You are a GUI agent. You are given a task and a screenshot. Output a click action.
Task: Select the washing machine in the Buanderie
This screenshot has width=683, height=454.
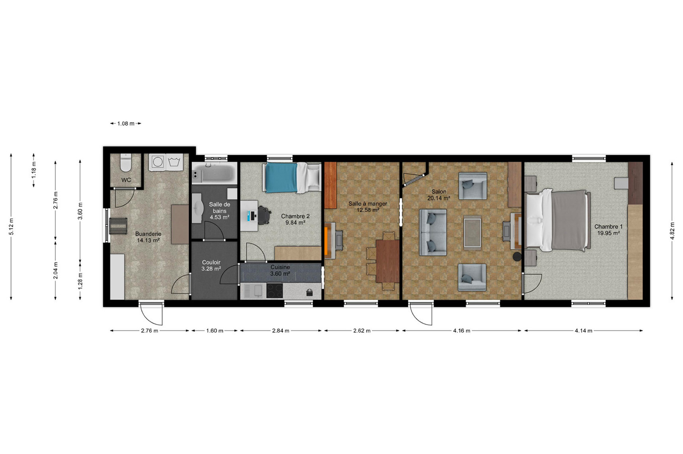[158, 162]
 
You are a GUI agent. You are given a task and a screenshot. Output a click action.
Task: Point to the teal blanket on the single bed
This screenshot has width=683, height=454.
[281, 178]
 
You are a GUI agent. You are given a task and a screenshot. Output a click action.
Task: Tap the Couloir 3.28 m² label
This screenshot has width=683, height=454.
[211, 265]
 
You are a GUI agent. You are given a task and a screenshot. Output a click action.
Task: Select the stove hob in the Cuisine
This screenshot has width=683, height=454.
[275, 291]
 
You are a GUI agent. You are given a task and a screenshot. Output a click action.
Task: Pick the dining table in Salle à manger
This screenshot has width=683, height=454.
[388, 261]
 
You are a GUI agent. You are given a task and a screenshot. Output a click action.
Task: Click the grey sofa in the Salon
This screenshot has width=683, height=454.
[433, 232]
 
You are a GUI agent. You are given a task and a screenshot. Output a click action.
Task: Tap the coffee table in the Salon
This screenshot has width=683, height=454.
[472, 233]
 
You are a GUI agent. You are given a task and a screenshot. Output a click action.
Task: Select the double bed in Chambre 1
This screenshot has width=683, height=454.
[558, 220]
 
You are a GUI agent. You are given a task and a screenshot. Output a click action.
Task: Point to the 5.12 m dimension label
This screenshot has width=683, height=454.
[11, 227]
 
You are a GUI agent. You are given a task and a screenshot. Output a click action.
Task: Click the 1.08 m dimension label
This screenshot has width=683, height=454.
[126, 123]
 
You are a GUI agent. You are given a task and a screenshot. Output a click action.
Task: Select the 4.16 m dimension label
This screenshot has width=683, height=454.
[462, 331]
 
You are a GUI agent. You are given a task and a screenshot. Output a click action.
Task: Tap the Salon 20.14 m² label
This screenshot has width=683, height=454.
[439, 195]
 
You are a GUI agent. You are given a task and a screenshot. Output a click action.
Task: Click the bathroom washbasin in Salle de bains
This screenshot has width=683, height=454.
[197, 208]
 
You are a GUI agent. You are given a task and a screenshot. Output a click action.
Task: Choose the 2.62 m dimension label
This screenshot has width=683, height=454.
[362, 331]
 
